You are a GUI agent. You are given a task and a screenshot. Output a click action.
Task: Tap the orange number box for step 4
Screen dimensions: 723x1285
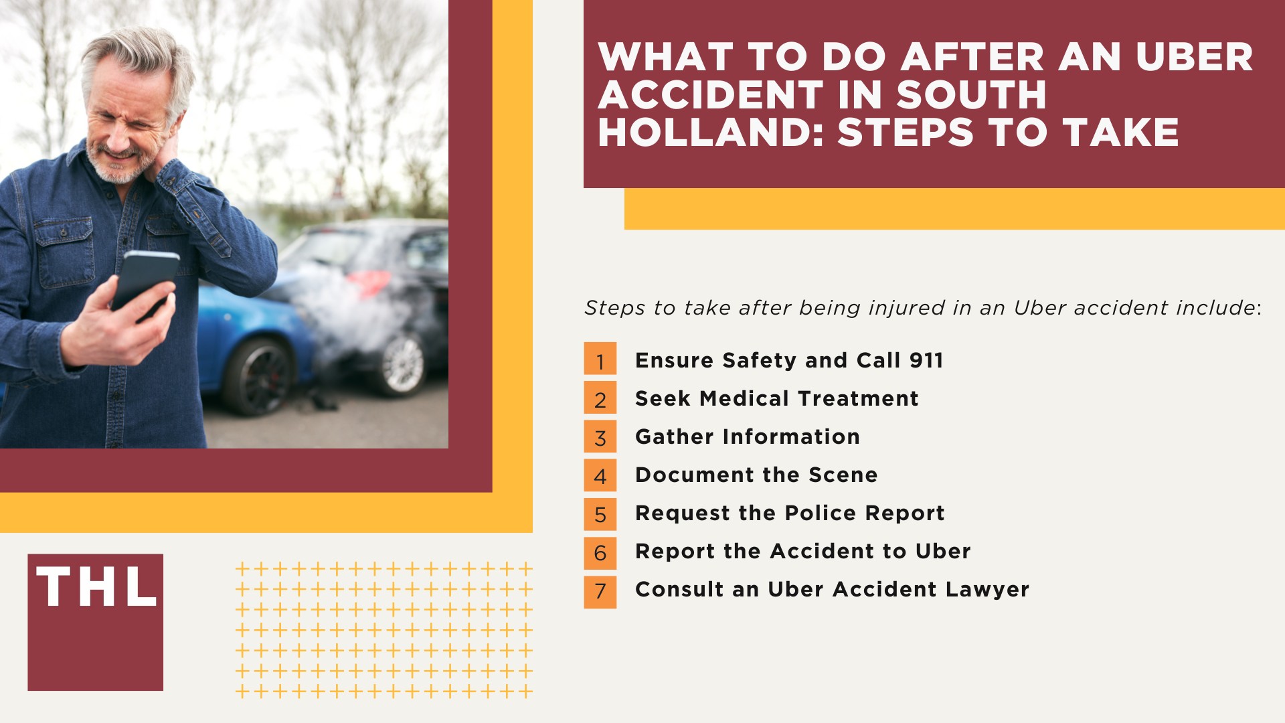[x=600, y=475]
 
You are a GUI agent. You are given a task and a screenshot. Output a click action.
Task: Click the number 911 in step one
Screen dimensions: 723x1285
[x=926, y=360]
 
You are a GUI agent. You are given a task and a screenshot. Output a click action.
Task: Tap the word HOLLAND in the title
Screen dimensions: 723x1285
[x=711, y=133]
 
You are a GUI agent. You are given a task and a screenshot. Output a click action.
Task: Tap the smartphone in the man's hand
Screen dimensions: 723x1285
[x=144, y=281]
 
